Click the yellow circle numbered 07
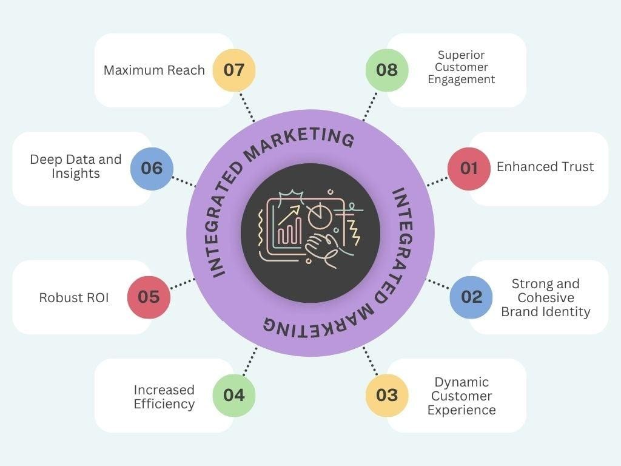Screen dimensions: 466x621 pos(234,70)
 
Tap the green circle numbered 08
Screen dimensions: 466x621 pos(386,70)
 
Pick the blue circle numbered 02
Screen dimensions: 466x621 pos(471,297)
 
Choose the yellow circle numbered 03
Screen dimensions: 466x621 pos(386,396)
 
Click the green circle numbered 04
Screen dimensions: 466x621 pos(234,396)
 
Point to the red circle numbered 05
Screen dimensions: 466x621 pos(149,297)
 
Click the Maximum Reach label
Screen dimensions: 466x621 pos(154,70)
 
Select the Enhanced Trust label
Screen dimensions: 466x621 pos(545,167)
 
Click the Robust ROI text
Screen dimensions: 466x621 pos(74,298)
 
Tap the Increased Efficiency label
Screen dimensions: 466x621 pos(164,397)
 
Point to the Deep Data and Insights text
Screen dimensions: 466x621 pos(76,166)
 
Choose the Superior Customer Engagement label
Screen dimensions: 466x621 pos(462,67)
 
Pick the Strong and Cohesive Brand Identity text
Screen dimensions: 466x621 pos(545,298)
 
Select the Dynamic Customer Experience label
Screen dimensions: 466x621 pos(462,396)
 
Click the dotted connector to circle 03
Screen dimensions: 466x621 pos(370,361)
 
